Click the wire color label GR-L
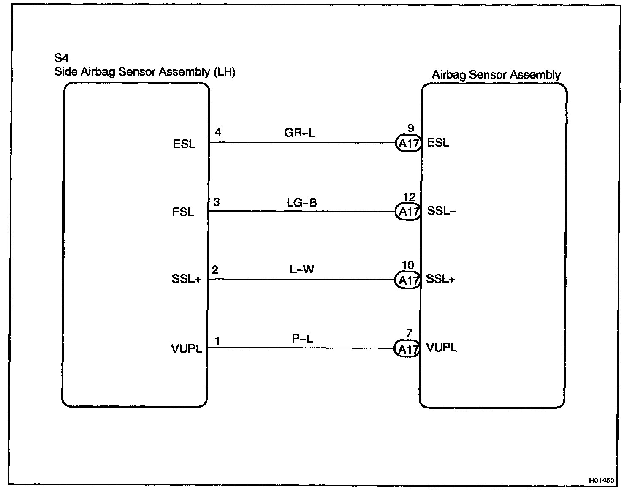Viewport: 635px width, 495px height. pos(299,133)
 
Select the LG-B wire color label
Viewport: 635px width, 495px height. pos(301,203)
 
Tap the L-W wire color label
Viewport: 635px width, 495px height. pos(302,269)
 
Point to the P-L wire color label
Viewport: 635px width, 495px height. pos(302,339)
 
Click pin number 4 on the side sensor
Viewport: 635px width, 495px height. pos(218,132)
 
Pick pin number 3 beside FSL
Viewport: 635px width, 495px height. pos(216,202)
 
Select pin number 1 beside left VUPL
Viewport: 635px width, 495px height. pos(217,341)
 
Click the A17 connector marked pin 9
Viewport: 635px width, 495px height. pos(408,144)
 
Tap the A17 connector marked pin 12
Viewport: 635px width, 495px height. pos(408,212)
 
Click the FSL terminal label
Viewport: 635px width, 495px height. pos(183,212)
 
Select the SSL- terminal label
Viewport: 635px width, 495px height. pos(441,211)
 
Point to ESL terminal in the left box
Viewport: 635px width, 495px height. pos(184,144)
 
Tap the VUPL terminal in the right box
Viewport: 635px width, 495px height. pos(442,348)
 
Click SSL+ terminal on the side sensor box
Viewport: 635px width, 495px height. pos(186,280)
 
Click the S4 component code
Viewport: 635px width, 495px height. pos(61,58)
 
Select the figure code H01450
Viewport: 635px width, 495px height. pos(602,480)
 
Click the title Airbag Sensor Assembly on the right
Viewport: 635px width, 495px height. pos(496,75)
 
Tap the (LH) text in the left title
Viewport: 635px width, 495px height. pos(224,72)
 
